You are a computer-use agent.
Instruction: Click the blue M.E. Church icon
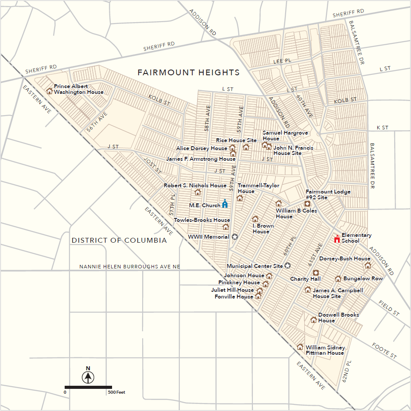coord(225,204)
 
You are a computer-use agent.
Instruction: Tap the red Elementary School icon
coord(337,239)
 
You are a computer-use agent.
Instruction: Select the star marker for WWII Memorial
coord(235,237)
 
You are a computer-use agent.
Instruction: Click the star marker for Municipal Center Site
coord(287,266)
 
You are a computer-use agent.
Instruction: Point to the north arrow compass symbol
coord(88,377)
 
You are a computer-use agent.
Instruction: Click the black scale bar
coord(88,387)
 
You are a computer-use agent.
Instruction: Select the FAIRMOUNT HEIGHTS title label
coord(188,72)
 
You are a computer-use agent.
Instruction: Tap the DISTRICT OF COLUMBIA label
coord(119,240)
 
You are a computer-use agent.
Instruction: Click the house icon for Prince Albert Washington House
coord(49,91)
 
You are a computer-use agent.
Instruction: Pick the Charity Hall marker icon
coord(316,273)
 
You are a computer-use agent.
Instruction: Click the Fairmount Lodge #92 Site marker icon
coord(306,203)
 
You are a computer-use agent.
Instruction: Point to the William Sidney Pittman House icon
coord(300,347)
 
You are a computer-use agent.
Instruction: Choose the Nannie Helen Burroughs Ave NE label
coord(130,267)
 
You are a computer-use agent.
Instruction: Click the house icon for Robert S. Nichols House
coord(198,192)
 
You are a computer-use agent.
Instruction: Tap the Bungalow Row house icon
coord(338,279)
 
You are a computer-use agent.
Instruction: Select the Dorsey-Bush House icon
coord(367,265)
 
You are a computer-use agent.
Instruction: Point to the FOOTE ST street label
coord(384,350)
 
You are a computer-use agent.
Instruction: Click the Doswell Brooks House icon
coord(314,319)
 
